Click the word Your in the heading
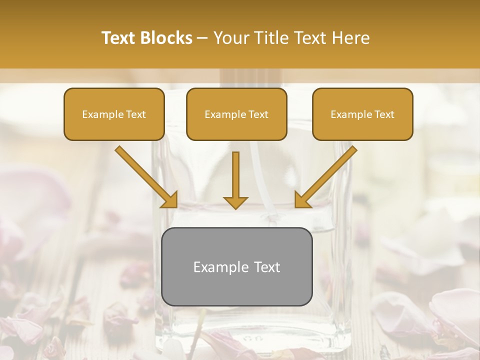[230, 38]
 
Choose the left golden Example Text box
[114, 114]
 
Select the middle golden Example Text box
[236, 114]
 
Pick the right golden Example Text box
[362, 114]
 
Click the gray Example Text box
[236, 266]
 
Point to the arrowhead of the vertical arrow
[235, 202]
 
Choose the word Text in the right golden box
[384, 114]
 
